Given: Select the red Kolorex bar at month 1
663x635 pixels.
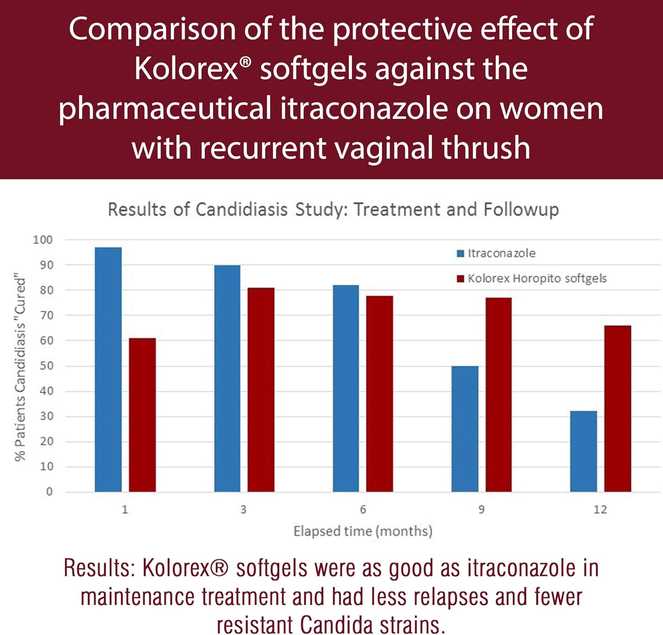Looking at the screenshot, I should pos(142,415).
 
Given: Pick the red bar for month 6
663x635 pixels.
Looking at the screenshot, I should pos(379,393).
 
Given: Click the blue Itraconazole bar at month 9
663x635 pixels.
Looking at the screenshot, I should pos(465,429).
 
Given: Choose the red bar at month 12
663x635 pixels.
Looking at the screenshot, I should pos(617,408).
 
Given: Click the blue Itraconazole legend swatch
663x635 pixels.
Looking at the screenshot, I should pos(461,253).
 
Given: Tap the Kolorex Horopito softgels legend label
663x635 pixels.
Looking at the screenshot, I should pos(537,279).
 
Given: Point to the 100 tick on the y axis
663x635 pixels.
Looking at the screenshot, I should pos(43,240).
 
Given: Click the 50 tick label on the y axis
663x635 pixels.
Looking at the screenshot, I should pos(46,366).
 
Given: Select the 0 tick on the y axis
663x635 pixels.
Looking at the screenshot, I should pos(49,492).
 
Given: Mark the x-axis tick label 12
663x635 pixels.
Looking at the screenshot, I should pos(600,510).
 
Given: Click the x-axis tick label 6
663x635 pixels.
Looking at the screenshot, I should pos(363,510).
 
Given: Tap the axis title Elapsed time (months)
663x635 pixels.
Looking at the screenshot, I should pos(363,531).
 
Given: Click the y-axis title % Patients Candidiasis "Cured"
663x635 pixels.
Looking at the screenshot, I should pos(20,369).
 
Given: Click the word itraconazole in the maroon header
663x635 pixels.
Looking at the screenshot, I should pos(363,108).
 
